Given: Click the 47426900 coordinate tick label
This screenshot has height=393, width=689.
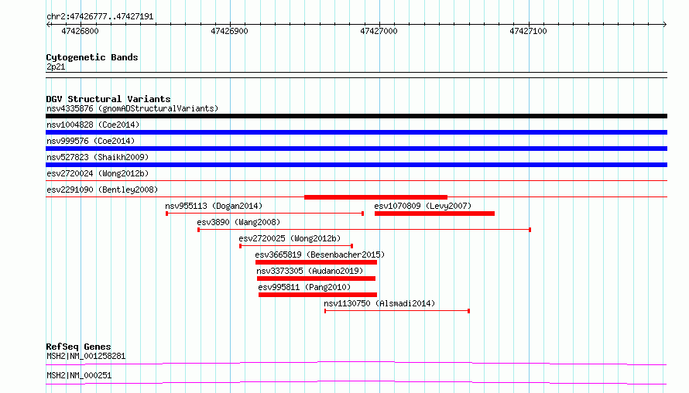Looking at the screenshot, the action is [229, 31].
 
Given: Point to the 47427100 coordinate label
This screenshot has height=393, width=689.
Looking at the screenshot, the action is [528, 31].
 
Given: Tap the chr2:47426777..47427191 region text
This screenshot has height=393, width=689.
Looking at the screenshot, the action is [100, 17].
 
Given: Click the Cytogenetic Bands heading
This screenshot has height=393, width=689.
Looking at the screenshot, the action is [92, 57].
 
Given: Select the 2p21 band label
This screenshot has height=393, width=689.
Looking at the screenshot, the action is [56, 67].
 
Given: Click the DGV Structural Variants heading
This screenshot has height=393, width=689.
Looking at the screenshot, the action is [108, 99].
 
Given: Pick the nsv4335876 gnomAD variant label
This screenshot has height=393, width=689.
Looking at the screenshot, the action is [132, 108].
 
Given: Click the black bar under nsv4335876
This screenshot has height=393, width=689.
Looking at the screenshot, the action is [356, 116].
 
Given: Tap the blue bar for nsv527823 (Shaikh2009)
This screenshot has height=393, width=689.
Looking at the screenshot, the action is [356, 165].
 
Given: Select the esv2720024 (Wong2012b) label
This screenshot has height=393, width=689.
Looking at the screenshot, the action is [98, 173].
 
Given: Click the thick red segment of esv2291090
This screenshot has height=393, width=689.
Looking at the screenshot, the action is [375, 197].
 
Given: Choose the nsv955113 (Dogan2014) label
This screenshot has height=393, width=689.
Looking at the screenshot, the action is [214, 206].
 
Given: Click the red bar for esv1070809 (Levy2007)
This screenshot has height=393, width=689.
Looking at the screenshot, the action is [434, 214].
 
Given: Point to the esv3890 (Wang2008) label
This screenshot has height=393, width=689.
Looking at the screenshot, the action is [238, 222].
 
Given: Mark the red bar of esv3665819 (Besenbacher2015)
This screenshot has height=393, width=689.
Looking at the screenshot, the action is [316, 262].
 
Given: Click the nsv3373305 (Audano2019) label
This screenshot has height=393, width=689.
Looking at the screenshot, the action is [310, 271].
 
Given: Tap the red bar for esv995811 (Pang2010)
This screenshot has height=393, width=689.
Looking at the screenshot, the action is [317, 295].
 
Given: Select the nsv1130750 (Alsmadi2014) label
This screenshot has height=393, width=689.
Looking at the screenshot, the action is [379, 303].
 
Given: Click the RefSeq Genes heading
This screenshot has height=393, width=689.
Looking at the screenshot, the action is [78, 347].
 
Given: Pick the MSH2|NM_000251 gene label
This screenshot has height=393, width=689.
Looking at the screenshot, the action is [79, 375].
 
